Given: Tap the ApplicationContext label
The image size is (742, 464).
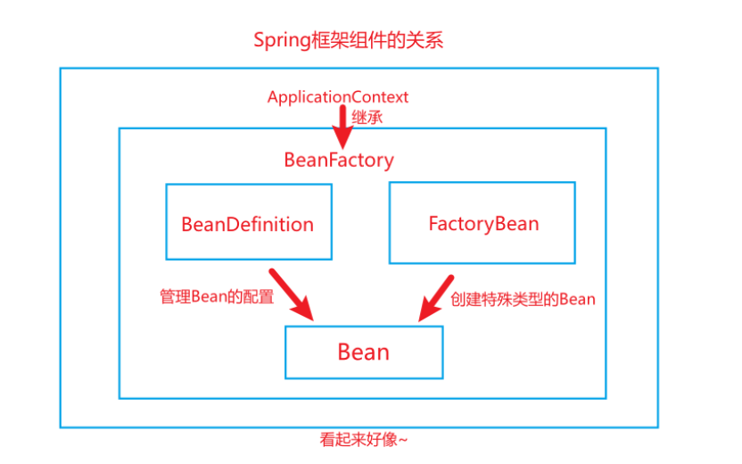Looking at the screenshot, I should [x=338, y=96].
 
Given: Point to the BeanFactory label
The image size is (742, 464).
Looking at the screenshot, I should [x=339, y=161].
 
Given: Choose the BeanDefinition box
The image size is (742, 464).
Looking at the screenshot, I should [x=248, y=222].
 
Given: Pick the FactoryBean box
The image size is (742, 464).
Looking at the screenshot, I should [x=482, y=222].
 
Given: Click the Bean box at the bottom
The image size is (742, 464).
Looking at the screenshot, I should [x=363, y=352].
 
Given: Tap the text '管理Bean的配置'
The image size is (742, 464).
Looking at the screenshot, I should [x=217, y=297].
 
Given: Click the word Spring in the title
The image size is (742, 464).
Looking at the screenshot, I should [x=280, y=41].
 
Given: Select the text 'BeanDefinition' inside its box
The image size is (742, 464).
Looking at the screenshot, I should [x=248, y=224].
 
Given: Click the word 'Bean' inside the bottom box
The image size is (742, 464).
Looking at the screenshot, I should [x=363, y=352].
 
